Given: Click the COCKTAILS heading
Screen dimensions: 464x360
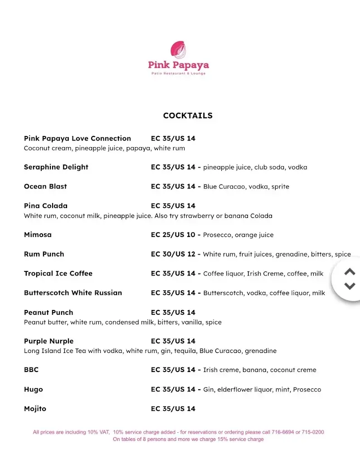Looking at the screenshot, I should pos(188,116).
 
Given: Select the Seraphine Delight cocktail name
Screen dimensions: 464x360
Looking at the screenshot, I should pos(56,167).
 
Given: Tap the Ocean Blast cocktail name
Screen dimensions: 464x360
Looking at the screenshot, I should pos(45,186).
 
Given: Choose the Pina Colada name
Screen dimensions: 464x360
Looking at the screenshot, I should pos(46,206).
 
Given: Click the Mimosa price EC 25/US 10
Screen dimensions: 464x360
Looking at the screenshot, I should pos(173,235).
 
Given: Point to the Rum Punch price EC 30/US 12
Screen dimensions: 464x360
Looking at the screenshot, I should pos(173,254).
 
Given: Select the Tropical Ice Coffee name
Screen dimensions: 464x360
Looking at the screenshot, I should pos(58,274).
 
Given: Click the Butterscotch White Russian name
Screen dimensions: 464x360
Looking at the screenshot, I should pos(73,293).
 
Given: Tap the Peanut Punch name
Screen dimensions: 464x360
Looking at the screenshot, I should pos(49,312).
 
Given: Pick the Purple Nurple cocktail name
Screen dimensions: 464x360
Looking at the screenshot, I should pos(49,341).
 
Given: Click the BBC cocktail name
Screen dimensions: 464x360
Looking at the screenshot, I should pos(31,370).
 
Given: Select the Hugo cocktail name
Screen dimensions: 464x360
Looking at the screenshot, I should pos(34,389).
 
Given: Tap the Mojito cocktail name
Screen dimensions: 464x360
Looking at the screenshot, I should pos(35,409).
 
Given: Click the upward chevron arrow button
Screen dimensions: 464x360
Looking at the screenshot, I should pos(350,272).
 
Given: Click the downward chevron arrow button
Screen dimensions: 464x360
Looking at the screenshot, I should pos(350,286).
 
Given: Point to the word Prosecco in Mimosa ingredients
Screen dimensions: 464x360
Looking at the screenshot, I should pos(217,235).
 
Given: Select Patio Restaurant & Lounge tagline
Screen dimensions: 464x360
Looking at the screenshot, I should pos(178,73).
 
